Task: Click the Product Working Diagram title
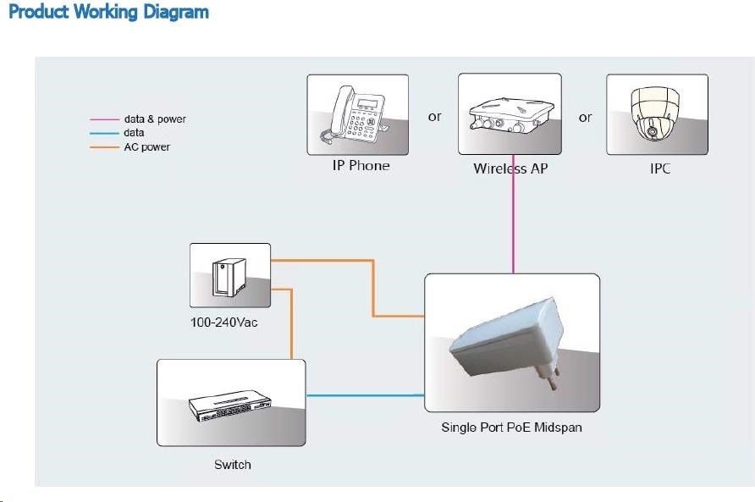(109, 12)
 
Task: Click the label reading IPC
(659, 168)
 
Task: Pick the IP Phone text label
(361, 166)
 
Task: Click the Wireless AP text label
(510, 168)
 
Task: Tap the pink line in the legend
(104, 119)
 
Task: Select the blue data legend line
(104, 133)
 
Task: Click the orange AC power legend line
(104, 147)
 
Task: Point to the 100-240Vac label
(224, 323)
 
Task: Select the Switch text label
(233, 465)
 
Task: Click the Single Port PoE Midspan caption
(511, 428)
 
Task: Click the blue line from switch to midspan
(365, 395)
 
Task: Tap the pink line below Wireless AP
(513, 214)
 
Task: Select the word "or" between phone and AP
(435, 117)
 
